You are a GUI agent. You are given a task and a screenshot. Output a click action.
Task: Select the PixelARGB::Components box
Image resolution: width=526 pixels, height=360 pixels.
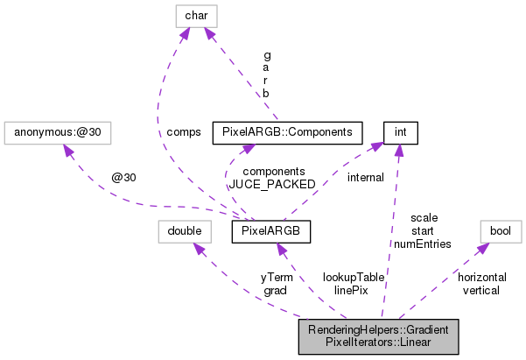pos(288,133)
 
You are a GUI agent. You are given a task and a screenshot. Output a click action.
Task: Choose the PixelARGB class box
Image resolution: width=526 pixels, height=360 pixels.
pos(270,231)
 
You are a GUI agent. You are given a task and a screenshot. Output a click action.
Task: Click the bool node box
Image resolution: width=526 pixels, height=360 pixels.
pos(500,231)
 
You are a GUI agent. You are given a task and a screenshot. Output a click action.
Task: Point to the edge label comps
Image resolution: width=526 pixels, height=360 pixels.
pos(184,132)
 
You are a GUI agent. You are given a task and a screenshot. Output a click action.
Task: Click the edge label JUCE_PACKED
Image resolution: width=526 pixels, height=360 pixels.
pos(266,185)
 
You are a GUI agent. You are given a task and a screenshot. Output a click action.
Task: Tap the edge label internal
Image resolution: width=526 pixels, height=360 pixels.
pos(365,178)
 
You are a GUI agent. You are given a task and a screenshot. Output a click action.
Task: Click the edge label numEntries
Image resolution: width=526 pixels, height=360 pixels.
pos(423,244)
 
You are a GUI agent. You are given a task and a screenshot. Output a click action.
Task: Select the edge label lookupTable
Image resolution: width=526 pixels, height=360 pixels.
pos(353,276)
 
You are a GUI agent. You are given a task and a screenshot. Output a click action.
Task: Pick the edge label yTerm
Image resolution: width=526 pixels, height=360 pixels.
pos(277,277)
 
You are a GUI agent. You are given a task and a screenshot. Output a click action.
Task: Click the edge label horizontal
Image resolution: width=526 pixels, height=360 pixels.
pos(481,277)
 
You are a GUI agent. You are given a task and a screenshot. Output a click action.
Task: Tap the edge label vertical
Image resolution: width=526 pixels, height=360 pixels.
pos(481,290)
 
